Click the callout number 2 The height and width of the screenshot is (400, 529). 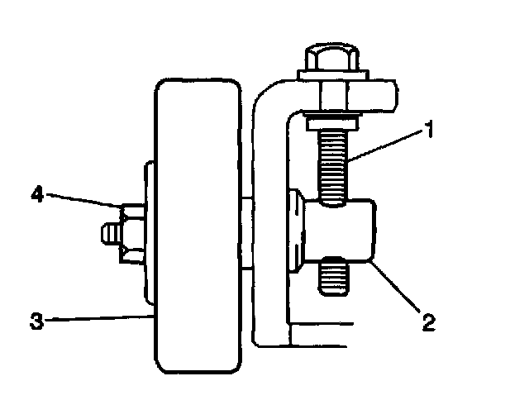(x=427, y=321)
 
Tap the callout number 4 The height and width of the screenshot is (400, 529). (x=37, y=194)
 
